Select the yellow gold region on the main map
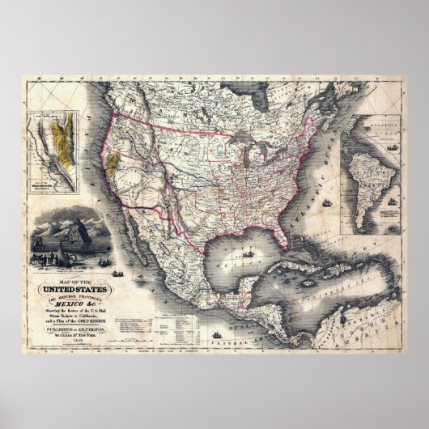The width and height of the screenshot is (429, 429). click(113, 162)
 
